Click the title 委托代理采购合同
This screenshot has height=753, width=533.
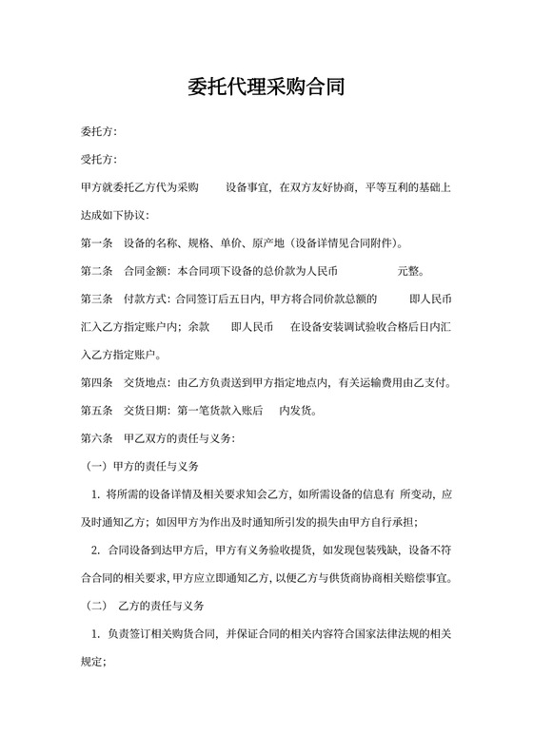coord(266,88)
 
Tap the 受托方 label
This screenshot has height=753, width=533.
coord(98,160)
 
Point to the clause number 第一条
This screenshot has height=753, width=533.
coord(98,241)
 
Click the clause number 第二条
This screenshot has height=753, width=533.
coord(98,270)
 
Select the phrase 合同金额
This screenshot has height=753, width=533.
coord(148,270)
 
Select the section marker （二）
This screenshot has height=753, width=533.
coord(96,605)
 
